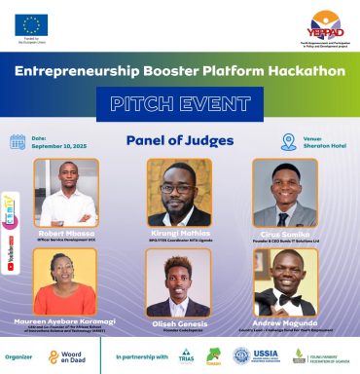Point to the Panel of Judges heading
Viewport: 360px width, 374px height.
(x=180, y=140)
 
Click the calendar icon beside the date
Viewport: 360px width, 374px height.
(x=18, y=142)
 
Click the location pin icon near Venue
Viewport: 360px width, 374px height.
(x=288, y=142)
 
